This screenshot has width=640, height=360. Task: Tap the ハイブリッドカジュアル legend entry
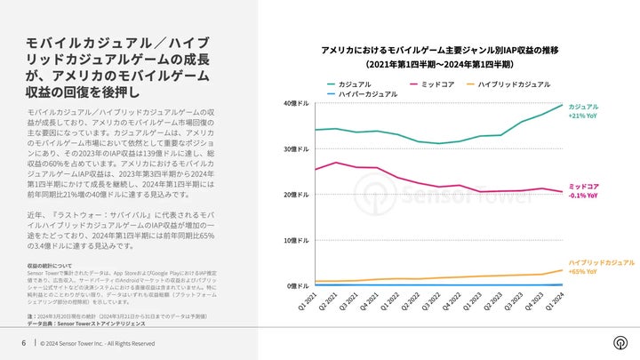click(515, 83)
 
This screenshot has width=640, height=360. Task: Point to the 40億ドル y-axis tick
click(296, 103)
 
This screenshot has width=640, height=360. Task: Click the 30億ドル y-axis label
click(296, 148)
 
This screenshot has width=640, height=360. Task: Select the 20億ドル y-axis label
click(296, 195)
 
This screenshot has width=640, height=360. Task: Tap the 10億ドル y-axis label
click(296, 240)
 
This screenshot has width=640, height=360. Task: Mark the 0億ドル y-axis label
click(298, 285)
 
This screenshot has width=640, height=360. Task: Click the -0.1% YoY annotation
click(583, 195)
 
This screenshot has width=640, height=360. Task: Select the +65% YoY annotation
click(583, 271)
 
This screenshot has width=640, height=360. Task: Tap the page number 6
click(23, 343)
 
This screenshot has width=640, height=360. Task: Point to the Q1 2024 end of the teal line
click(562, 105)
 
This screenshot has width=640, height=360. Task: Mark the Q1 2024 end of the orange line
click(562, 270)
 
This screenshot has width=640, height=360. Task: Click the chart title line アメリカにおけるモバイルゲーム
click(439, 50)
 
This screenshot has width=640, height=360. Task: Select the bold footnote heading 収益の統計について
click(51, 266)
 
